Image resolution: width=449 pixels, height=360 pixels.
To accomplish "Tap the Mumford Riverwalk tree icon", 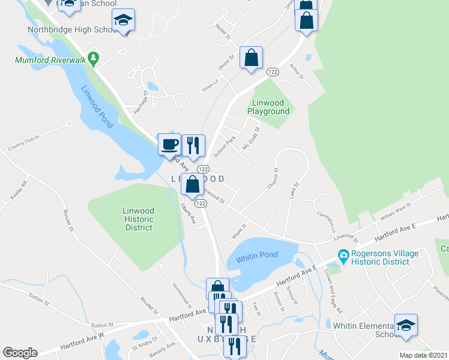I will pyautogui.click(x=92, y=59).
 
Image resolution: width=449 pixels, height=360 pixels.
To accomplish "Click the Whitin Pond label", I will pyautogui.click(x=256, y=255).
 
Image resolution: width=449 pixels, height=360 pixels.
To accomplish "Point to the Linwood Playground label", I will pyautogui.click(x=271, y=107).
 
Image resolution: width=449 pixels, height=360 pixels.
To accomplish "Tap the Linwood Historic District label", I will pyautogui.click(x=139, y=219).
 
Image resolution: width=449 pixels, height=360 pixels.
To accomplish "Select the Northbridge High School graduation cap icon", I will pyautogui.click(x=124, y=20).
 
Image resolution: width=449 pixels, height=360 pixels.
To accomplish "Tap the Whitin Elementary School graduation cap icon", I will pyautogui.click(x=406, y=325).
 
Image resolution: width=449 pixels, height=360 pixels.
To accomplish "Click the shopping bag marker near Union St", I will pyautogui.click(x=252, y=58).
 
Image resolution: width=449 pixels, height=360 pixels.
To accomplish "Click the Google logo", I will pyautogui.click(x=20, y=353).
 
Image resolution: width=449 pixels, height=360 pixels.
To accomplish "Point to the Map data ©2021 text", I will pyautogui.click(x=423, y=355).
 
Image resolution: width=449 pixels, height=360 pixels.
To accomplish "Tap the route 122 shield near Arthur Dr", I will pyautogui.click(x=273, y=72).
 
